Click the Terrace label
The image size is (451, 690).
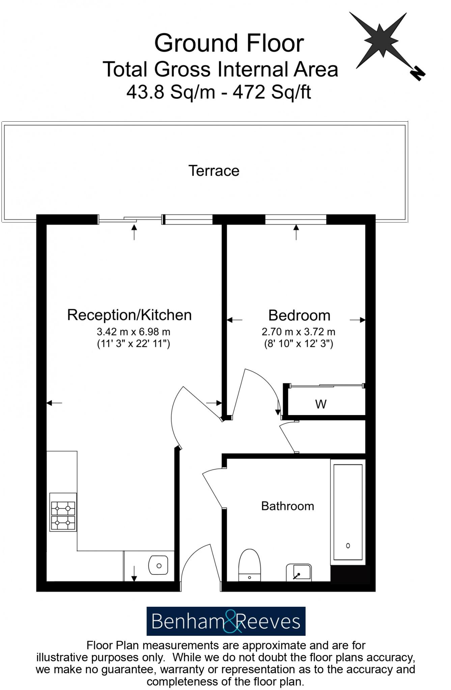tap(214, 171)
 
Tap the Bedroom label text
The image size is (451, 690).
tap(299, 316)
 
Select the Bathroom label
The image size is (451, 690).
tap(287, 506)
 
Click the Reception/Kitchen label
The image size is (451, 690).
tap(129, 315)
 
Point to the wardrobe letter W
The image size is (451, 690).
tap(320, 404)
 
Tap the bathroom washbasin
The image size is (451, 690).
tap(299, 572)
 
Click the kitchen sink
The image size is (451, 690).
tap(158, 565)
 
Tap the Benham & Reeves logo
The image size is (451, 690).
tap(226, 621)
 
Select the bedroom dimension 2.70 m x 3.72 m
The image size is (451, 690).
tap(298, 332)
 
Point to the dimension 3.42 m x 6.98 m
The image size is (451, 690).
tap(133, 332)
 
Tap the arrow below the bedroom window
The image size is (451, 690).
tap(296, 232)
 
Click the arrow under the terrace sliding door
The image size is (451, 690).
tap(134, 232)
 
